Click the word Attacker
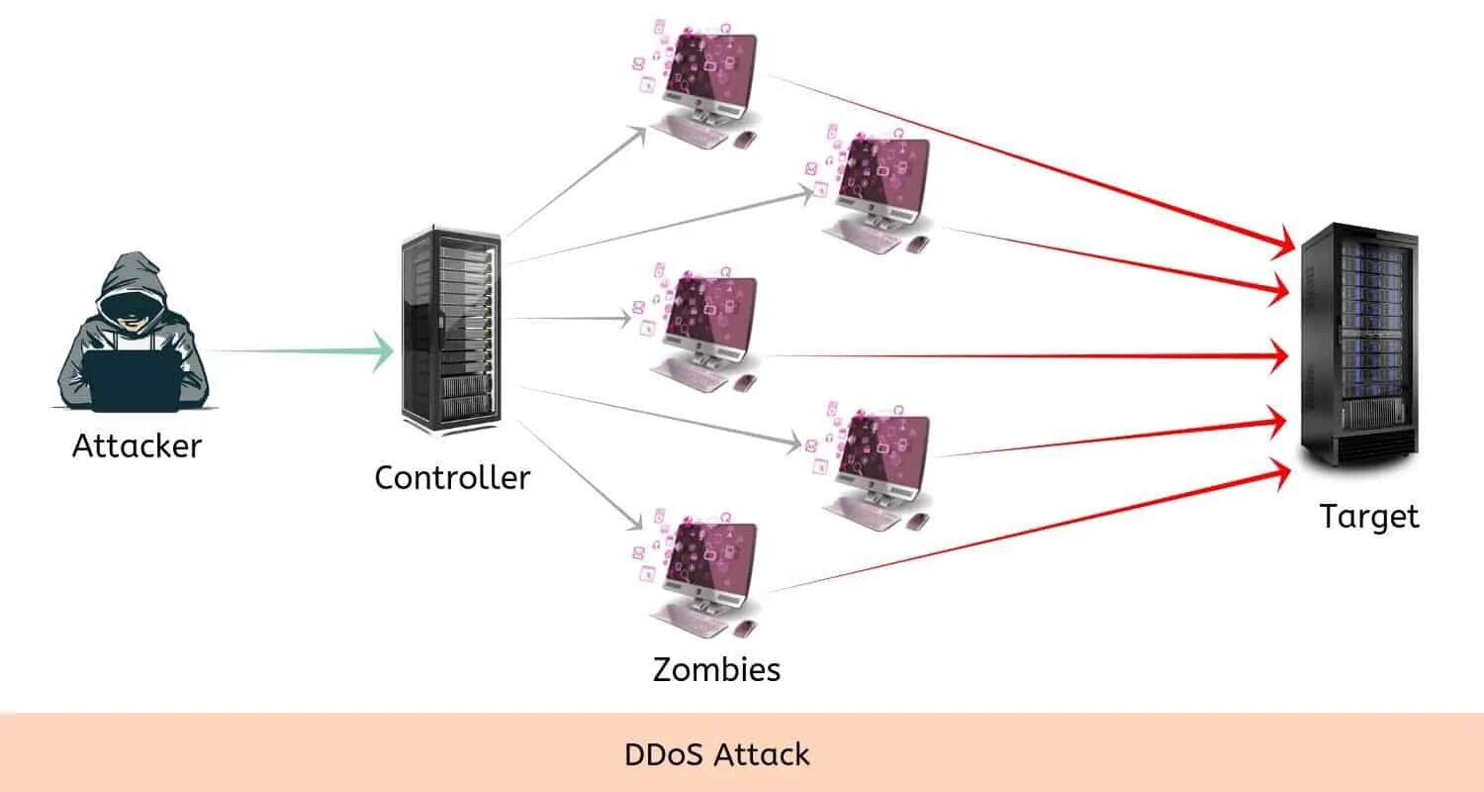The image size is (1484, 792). (x=138, y=445)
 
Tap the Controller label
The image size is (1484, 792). (x=452, y=477)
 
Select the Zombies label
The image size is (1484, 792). (x=717, y=669)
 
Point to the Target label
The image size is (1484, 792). (x=1369, y=517)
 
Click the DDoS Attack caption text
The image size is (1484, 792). (x=717, y=755)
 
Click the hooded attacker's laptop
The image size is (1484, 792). (x=133, y=381)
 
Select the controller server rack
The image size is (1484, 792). (x=451, y=330)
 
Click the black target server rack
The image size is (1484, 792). (x=1359, y=345)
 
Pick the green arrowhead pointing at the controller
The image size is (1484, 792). (x=383, y=351)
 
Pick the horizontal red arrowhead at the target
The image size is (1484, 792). (x=1278, y=356)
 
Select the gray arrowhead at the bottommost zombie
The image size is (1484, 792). (x=634, y=521)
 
